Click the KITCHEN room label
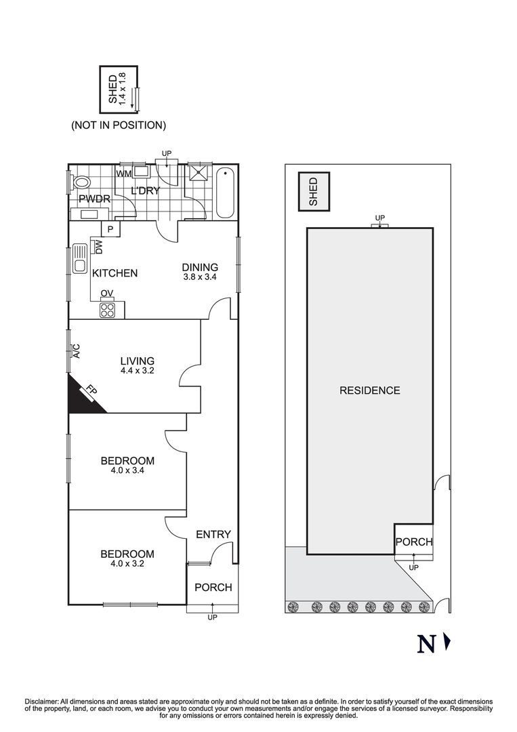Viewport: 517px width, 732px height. point(115,273)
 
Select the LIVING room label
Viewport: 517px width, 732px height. point(138,361)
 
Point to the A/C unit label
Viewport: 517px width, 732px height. point(77,351)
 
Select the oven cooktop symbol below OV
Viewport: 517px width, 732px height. point(108,309)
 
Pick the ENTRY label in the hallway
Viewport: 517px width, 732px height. point(213,534)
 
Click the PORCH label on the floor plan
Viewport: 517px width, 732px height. point(213,587)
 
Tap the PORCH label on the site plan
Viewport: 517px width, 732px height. point(414,542)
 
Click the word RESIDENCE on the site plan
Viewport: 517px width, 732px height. point(369,390)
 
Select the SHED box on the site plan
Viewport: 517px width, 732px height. point(313,192)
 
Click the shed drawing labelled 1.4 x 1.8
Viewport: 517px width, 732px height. point(118,89)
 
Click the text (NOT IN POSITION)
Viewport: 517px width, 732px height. point(119,125)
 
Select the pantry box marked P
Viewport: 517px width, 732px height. point(110,229)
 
